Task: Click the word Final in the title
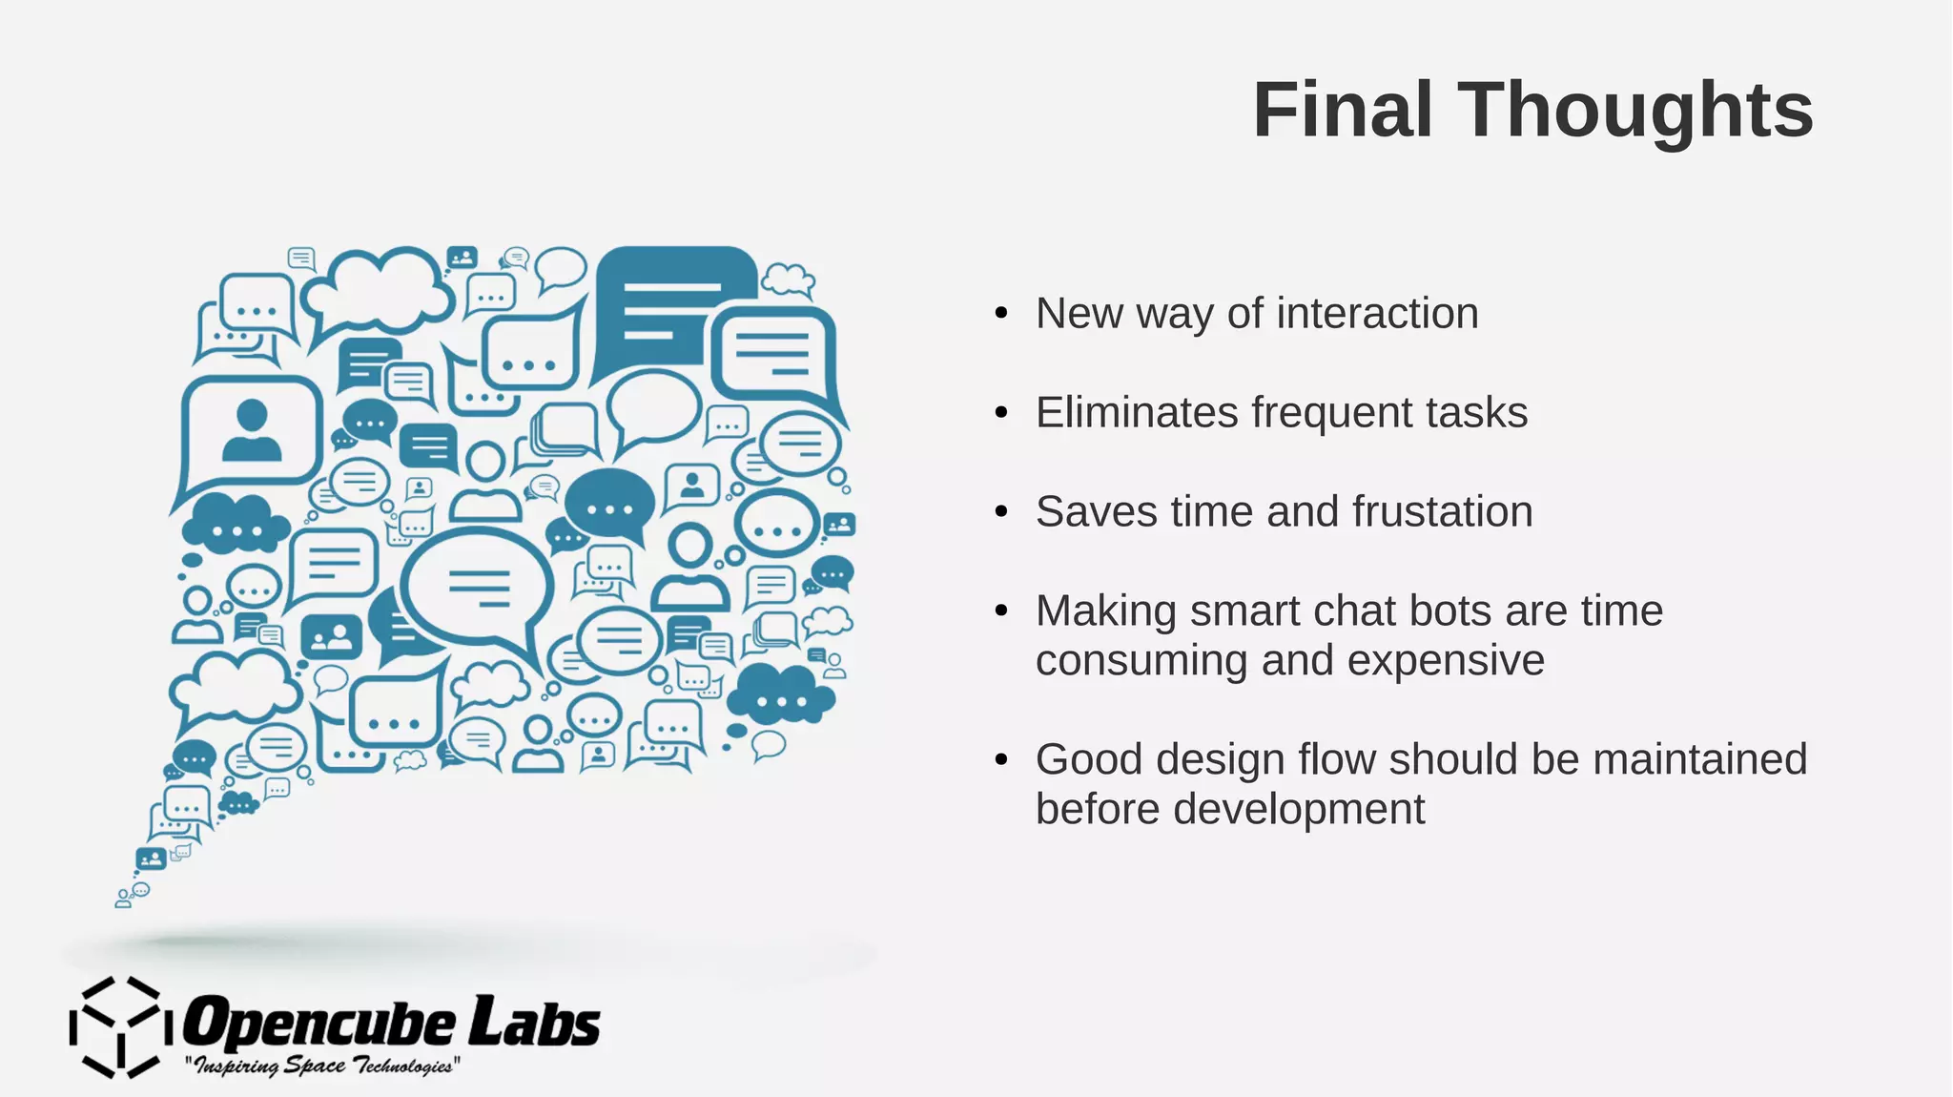[x=1343, y=110]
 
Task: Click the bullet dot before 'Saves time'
[x=1000, y=512]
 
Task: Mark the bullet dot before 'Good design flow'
[x=1000, y=760]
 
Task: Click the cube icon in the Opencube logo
[x=121, y=1026]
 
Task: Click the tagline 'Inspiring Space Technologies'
[x=322, y=1066]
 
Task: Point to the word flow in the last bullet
[x=1334, y=760]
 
